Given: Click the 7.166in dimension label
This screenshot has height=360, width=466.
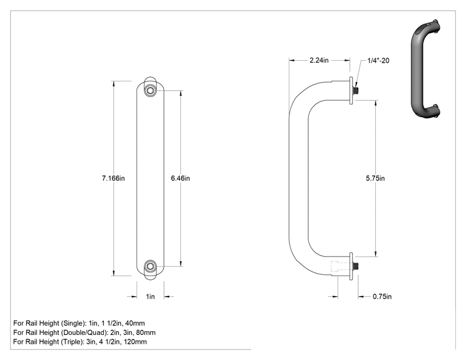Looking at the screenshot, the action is point(113,178).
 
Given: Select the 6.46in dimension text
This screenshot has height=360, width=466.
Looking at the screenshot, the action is point(180,178).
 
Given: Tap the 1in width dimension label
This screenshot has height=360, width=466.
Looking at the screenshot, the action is point(150,296).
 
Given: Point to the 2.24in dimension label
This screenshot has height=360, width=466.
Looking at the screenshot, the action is point(319,60).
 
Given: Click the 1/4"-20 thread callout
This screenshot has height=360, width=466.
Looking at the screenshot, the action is point(378,61).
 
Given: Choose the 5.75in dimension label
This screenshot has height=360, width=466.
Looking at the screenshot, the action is point(375,178).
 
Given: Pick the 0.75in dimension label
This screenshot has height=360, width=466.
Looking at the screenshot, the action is point(382,296).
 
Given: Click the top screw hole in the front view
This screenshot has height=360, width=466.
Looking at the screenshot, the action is point(150,90).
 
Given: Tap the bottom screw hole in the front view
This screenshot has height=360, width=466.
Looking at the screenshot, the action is point(150,266).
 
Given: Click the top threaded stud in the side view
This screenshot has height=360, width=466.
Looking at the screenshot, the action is point(355,90).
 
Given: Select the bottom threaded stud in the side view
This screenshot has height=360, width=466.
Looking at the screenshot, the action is point(355,266).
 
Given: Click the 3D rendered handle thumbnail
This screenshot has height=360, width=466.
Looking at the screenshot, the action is point(425,69).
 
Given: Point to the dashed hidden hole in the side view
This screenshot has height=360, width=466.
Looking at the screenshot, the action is point(340,266).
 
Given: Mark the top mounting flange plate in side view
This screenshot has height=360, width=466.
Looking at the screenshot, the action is point(351,91).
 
